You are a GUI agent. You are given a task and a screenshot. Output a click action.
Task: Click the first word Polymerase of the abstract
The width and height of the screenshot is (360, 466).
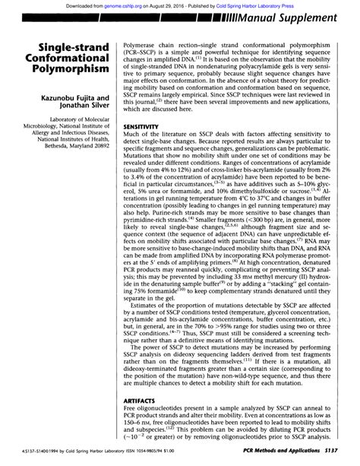(x=131, y=46)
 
